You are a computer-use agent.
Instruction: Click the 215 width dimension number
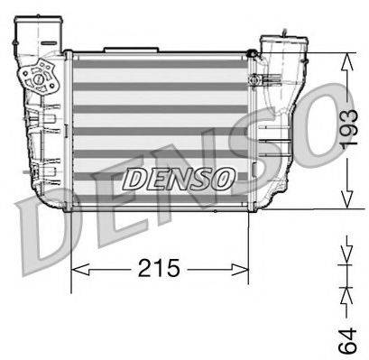click(x=160, y=268)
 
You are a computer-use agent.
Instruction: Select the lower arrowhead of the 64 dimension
click(x=346, y=293)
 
